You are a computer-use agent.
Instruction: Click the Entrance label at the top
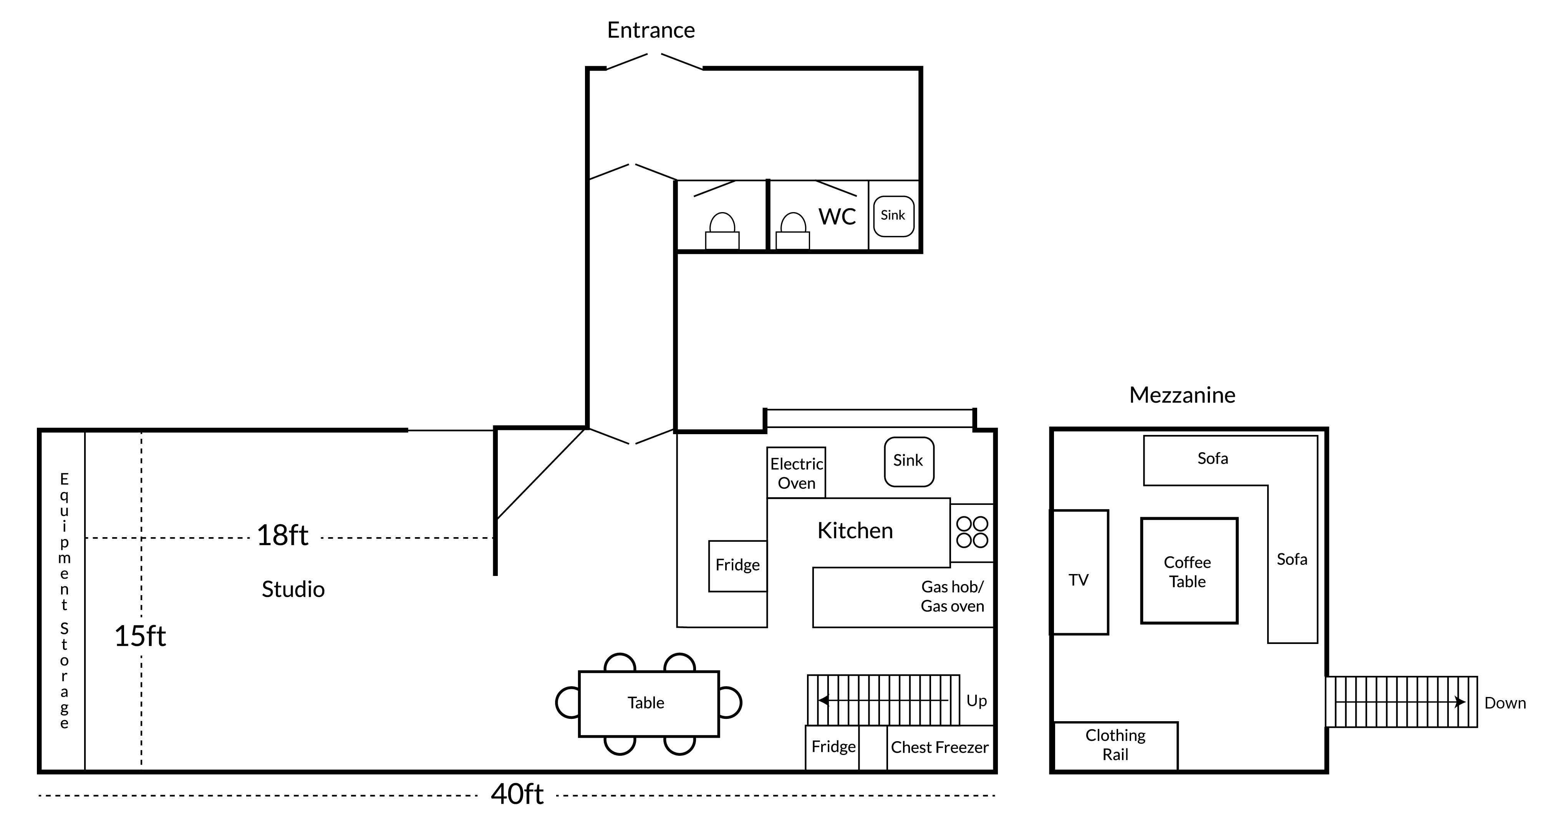pos(651,30)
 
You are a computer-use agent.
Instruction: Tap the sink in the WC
pos(893,216)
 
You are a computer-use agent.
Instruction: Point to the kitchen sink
pos(908,461)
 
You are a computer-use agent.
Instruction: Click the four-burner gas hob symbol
pos(972,532)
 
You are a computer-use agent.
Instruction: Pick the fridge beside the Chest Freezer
pos(833,747)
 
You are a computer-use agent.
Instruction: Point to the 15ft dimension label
pos(140,636)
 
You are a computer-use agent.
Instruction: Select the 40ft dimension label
pos(517,794)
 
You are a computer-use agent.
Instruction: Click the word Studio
pos(293,589)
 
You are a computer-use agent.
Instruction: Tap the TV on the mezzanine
pos(1079,580)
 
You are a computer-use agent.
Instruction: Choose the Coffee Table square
pos(1188,571)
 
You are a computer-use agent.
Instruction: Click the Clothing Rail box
pos(1115,745)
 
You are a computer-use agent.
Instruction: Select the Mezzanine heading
pos(1182,395)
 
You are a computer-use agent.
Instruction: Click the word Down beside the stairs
pos(1505,703)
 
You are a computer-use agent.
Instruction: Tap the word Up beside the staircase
pos(976,701)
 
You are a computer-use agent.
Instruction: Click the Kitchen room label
pos(855,530)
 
